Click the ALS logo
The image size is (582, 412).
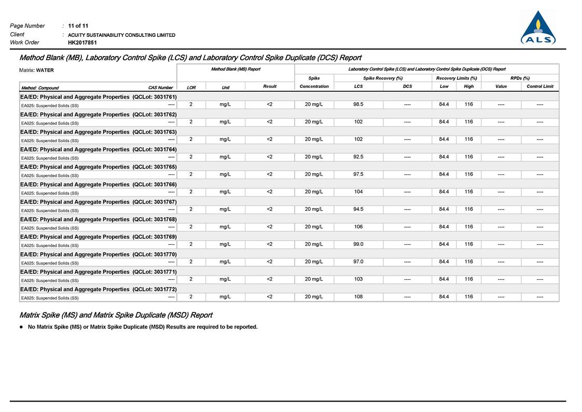538,28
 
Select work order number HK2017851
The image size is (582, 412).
82,43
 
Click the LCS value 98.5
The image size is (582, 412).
358,104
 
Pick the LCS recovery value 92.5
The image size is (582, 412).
358,157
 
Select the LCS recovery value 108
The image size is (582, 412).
358,297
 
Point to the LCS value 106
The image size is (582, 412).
358,227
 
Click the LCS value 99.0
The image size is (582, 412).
358,244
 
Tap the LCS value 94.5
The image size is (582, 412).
358,209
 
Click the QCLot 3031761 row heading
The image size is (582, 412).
99,97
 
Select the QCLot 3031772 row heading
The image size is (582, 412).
99,290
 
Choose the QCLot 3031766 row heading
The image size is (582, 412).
99,185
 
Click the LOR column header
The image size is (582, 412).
191,87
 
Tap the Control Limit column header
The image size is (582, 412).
539,87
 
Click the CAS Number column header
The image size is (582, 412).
160,88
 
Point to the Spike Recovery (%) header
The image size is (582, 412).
383,78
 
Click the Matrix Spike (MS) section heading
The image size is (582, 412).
116,315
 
